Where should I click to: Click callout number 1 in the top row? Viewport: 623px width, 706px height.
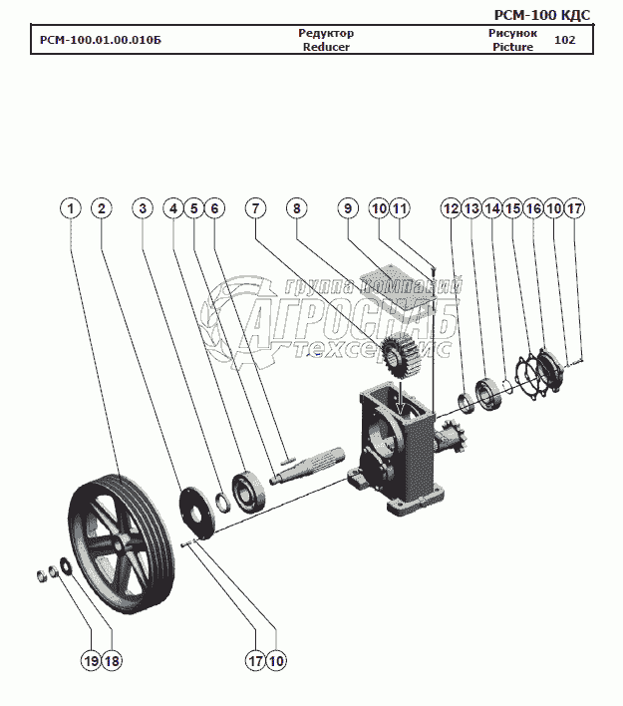coord(70,208)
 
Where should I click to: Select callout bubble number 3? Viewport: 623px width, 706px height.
coord(144,208)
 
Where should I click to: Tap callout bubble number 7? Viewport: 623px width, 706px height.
coord(256,208)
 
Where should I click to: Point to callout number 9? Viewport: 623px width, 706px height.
coord(347,208)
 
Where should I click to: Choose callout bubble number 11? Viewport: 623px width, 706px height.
coord(400,208)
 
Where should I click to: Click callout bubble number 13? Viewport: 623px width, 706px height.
coord(471,208)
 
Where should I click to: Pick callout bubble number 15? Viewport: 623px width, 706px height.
coord(513,208)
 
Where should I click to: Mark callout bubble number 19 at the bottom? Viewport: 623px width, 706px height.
coord(91,659)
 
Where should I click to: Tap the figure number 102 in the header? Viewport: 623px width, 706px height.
coord(564,40)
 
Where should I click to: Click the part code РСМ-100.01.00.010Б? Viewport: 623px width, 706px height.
coord(100,41)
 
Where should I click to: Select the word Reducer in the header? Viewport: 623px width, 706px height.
coord(326,47)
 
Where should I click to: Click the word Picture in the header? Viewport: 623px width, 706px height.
coord(512,47)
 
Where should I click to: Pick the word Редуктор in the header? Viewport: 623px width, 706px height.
coord(326,33)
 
